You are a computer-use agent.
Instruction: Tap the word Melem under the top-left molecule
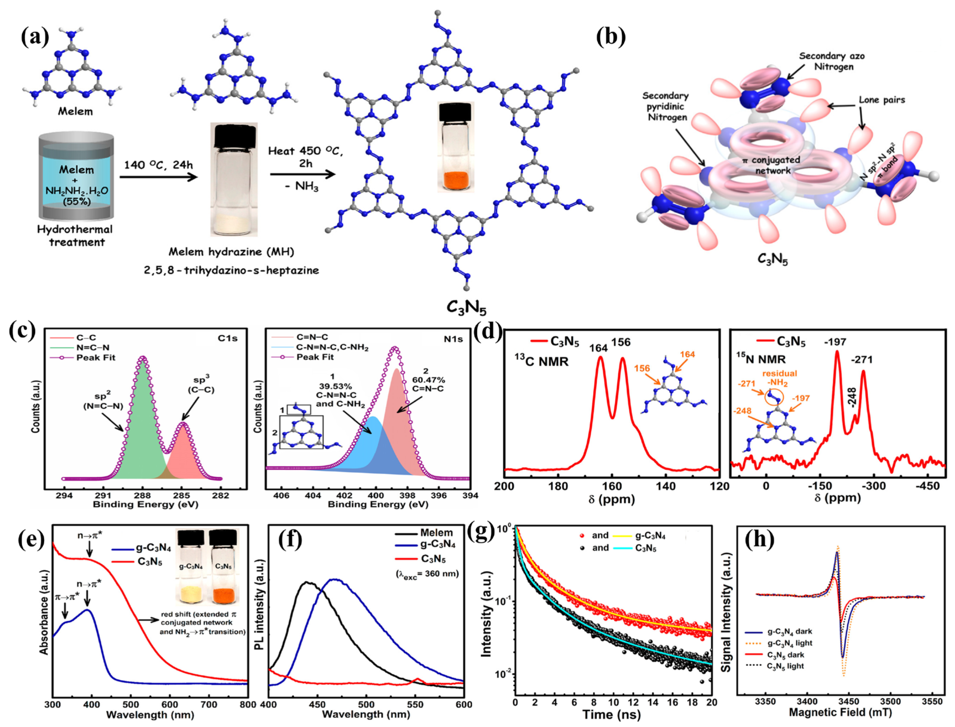(76, 112)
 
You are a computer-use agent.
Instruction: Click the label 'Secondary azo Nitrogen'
(831, 61)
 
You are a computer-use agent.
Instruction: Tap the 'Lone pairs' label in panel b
(881, 100)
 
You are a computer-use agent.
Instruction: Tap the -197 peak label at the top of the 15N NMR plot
(835, 342)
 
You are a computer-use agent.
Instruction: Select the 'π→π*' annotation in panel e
(67, 597)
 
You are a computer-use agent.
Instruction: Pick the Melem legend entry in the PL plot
(436, 533)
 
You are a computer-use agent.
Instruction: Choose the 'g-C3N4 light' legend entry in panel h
(789, 643)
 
